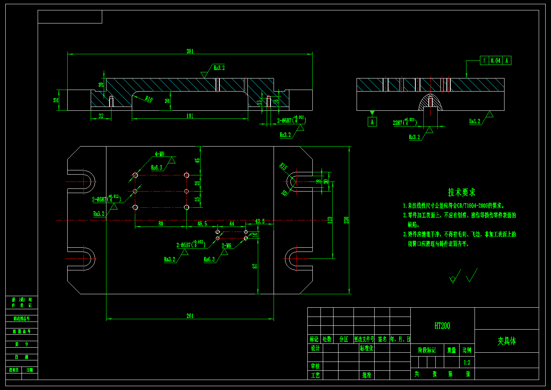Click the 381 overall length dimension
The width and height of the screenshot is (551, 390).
pos(190,51)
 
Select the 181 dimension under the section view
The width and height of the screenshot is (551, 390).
pos(190,116)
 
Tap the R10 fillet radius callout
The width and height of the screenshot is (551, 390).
pos(149,99)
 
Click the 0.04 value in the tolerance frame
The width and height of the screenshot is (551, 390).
pos(496,60)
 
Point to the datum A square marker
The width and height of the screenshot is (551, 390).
pos(372,122)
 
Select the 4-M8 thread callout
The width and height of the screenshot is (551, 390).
pos(159,154)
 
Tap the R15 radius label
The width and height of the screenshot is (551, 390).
pos(283,167)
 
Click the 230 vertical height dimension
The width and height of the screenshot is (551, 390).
pos(346,220)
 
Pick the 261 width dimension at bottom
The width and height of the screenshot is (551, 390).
pos(190,316)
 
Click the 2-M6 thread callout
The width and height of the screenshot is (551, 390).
pos(226,245)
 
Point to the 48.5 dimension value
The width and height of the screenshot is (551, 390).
pos(202,223)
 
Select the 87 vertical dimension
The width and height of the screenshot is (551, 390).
pos(255,266)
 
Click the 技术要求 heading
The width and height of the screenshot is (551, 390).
pos(461,192)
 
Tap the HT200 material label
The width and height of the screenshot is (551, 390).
pos(442,326)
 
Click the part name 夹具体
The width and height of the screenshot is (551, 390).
pos(506,341)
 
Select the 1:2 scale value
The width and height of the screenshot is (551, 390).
pos(467,362)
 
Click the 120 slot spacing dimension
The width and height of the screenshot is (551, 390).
pos(330,220)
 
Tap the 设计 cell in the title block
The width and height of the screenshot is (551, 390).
pos(315,348)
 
